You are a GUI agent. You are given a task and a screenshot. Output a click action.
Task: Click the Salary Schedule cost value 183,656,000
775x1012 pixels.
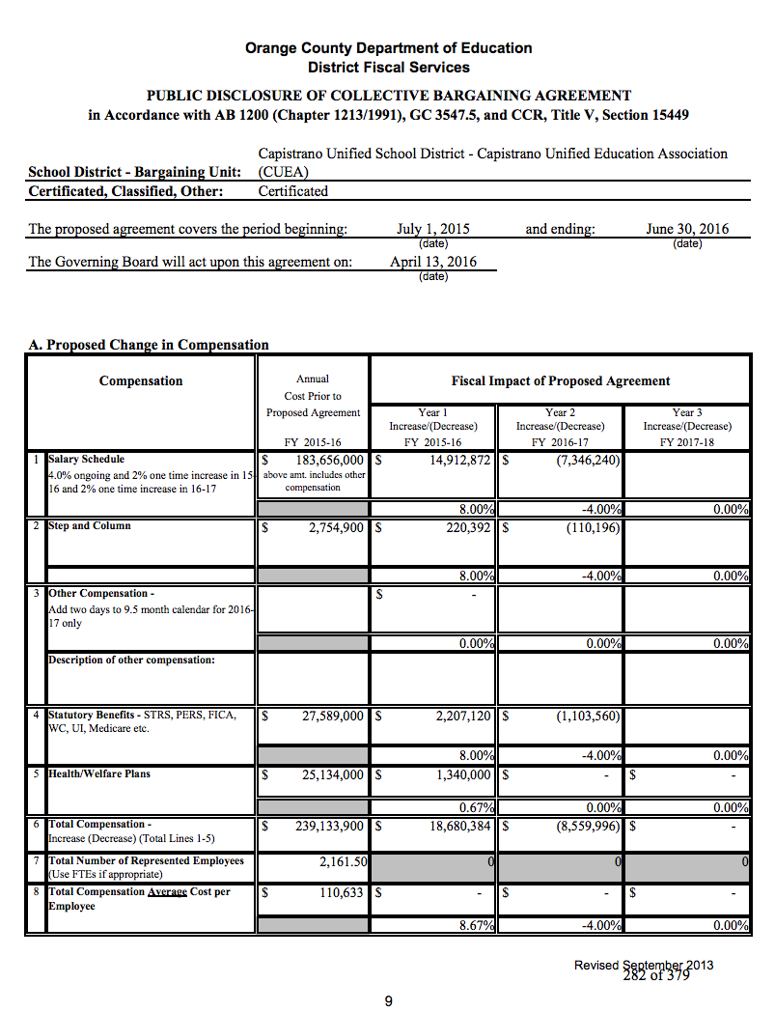pyautogui.click(x=330, y=461)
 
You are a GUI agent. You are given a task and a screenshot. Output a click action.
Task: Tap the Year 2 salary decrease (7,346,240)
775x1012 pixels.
pyautogui.click(x=588, y=461)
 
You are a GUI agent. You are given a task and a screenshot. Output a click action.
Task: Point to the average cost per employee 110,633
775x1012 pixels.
pyautogui.click(x=341, y=893)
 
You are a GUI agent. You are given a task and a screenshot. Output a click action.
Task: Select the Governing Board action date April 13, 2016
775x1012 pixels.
pyautogui.click(x=432, y=262)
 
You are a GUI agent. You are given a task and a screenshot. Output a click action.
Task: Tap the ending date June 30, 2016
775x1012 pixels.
pyautogui.click(x=687, y=230)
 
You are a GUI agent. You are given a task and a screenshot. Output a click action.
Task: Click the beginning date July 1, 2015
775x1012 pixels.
pyautogui.click(x=433, y=230)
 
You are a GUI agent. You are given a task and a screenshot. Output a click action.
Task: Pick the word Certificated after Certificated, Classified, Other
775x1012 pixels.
pyautogui.click(x=293, y=191)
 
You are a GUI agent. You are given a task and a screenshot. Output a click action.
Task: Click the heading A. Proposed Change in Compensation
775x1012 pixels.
pyautogui.click(x=149, y=345)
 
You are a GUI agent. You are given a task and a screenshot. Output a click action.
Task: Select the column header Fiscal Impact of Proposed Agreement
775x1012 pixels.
pyautogui.click(x=560, y=381)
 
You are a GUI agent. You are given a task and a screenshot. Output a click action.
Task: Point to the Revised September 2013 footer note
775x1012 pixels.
pyautogui.click(x=644, y=965)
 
